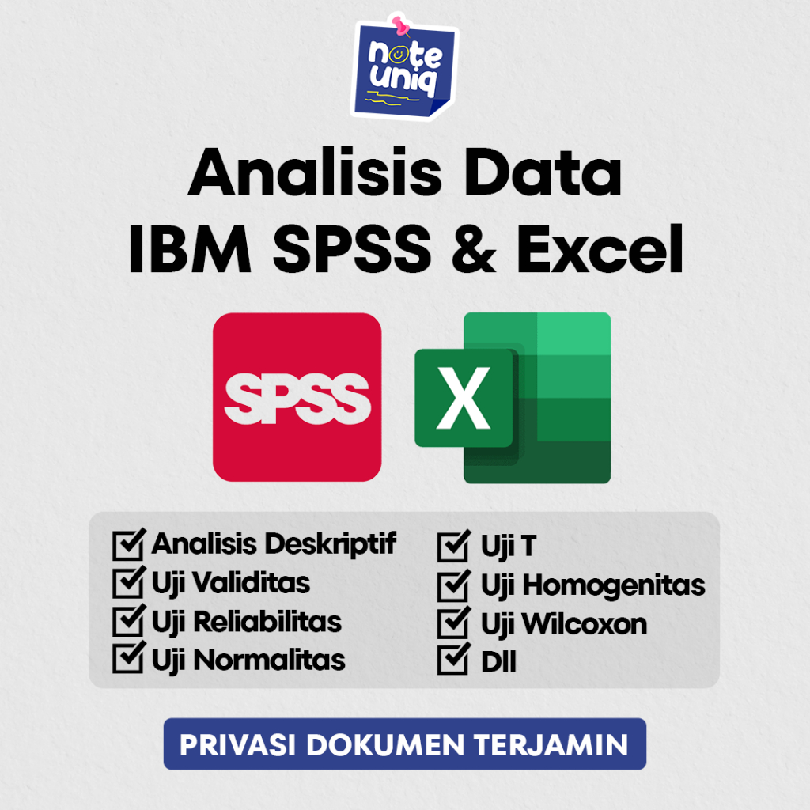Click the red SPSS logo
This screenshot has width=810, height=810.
coord(297,396)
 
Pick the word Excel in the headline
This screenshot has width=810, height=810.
coord(600,249)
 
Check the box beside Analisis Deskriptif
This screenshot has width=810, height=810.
coord(129,544)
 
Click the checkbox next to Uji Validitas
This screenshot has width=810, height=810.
coord(129,583)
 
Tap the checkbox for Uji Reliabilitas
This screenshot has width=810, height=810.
coord(129,621)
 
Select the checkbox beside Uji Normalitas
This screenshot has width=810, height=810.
coord(129,659)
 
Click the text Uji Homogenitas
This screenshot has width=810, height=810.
coord(592,585)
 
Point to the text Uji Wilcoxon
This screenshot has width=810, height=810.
coord(563,623)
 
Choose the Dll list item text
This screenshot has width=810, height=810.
coord(498,661)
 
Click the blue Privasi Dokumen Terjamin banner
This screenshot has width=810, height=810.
coord(404,744)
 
